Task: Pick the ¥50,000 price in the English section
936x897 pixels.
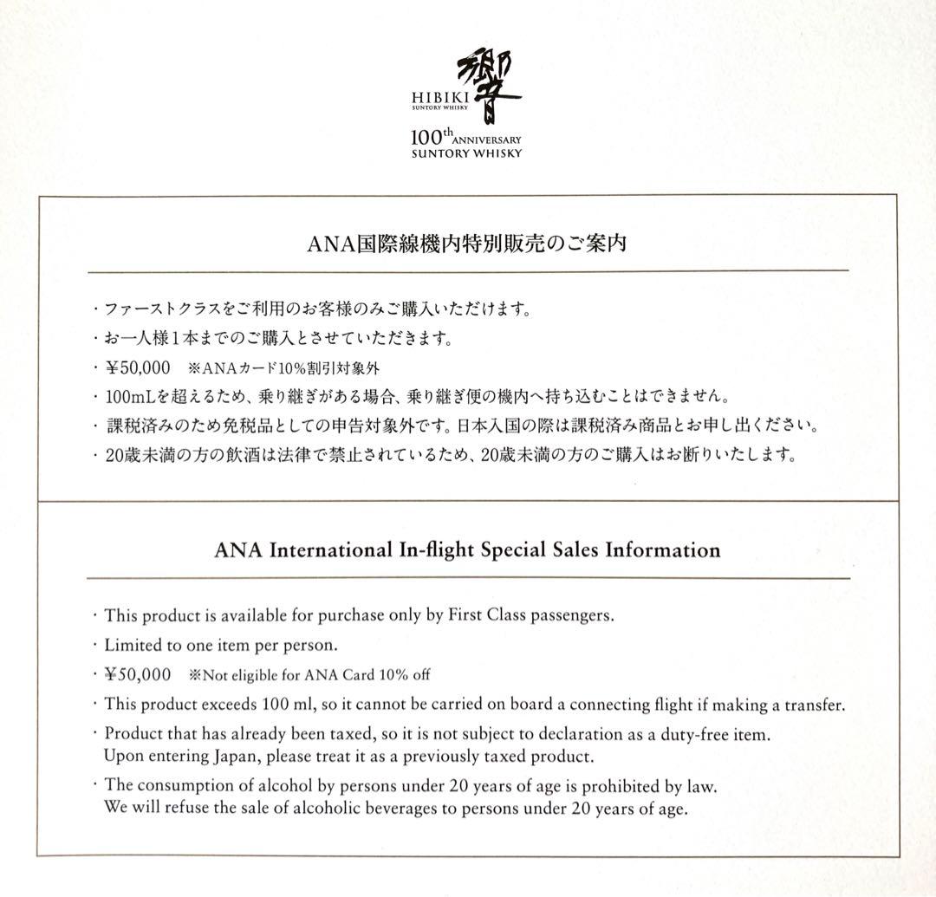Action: point(139,674)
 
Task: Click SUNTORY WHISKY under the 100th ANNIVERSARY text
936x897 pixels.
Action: point(467,154)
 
